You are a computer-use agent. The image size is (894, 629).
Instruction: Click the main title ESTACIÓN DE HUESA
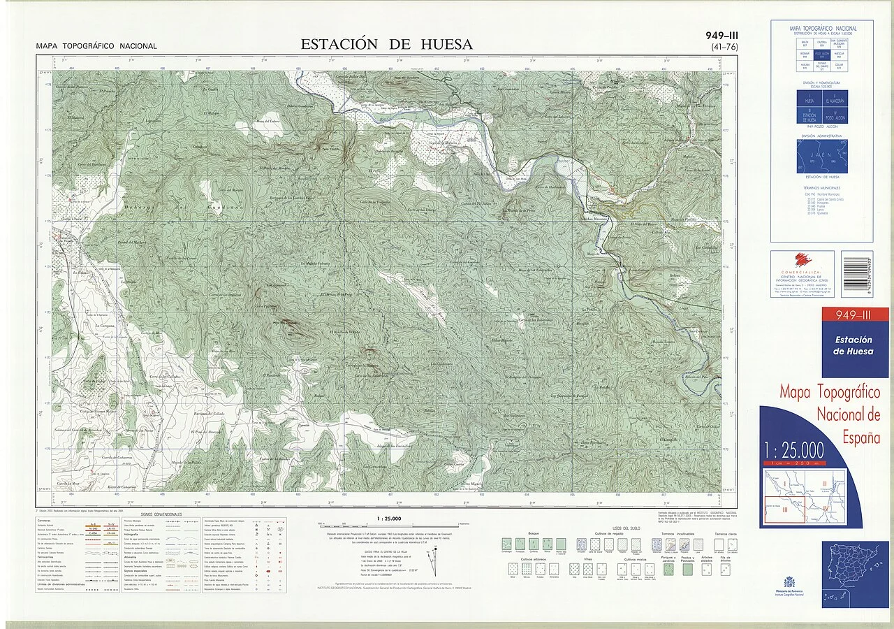386,44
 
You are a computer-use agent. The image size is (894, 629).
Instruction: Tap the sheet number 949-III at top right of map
723,36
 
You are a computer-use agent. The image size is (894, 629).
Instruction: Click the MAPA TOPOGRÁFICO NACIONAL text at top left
96,46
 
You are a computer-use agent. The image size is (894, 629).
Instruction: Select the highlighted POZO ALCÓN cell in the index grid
822,55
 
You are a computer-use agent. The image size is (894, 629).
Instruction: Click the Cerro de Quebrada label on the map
551,187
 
